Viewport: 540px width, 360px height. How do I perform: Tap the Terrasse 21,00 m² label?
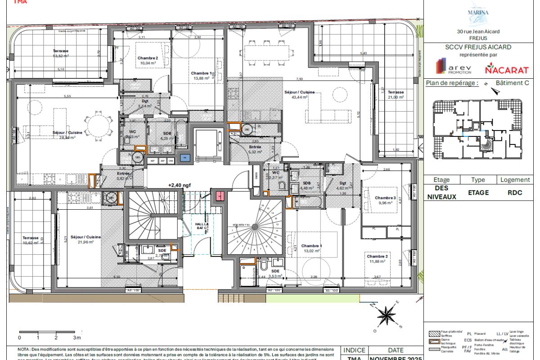coord(396,94)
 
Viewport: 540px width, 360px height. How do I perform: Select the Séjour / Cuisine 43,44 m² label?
coord(296,94)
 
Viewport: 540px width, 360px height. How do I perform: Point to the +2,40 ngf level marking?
coord(178,185)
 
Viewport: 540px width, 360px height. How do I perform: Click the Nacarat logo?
coord(506,69)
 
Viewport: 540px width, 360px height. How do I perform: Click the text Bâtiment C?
coord(512,83)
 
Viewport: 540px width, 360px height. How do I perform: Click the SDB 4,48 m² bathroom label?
coord(307,185)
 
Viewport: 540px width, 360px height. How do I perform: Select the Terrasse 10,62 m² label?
coord(31,240)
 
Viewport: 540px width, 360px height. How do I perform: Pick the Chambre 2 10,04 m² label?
coord(148,61)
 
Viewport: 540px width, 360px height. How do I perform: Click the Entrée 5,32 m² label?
coord(255,149)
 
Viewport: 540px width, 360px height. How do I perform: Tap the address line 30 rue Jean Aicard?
coord(478,31)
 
